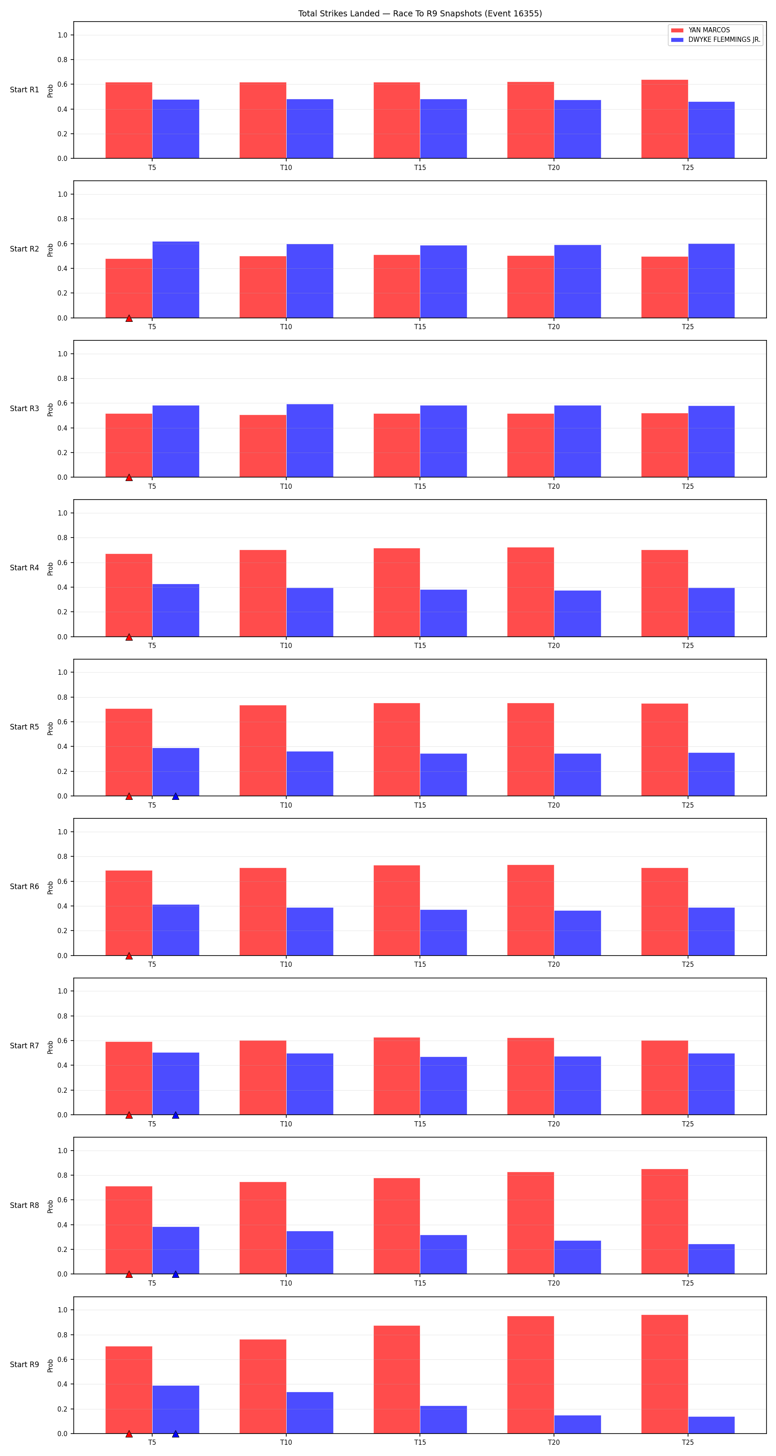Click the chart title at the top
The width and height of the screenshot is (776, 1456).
pos(419,13)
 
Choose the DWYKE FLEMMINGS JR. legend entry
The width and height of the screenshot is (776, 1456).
pos(716,40)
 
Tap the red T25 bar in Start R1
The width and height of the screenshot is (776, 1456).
pos(664,119)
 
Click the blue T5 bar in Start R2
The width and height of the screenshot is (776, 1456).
pos(175,280)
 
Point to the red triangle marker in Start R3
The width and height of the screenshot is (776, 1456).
pos(129,477)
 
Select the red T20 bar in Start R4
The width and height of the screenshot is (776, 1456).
pos(530,592)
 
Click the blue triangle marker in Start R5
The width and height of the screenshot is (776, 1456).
pos(175,796)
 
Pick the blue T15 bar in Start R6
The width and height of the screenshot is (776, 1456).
pos(443,933)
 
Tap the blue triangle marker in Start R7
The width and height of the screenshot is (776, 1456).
pos(175,1115)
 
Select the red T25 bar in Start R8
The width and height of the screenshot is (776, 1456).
pos(664,1221)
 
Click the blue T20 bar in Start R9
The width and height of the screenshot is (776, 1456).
pos(577,1425)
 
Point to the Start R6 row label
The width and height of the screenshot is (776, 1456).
pos(24,886)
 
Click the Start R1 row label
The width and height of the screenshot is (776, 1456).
pos(24,89)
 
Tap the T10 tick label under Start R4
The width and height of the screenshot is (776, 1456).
pos(286,645)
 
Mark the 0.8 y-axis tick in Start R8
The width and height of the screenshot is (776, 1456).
pos(62,1175)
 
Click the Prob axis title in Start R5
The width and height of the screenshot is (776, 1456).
pos(50,728)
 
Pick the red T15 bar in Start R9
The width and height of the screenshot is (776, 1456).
pos(397,1380)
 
